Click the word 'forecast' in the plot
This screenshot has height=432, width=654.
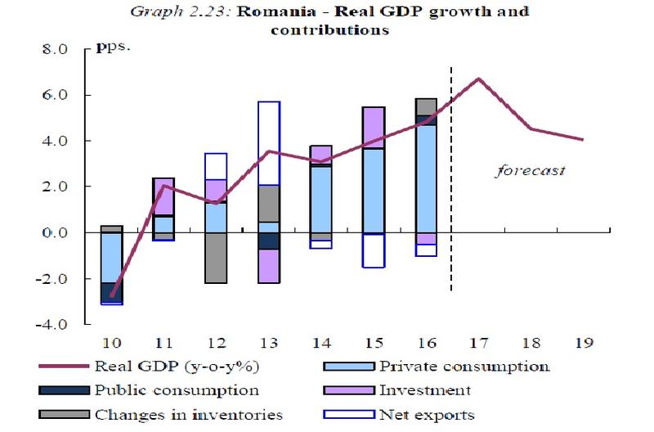click(x=531, y=173)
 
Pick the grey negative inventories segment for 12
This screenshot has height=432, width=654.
click(x=216, y=258)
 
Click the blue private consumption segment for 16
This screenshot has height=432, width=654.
click(x=426, y=179)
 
